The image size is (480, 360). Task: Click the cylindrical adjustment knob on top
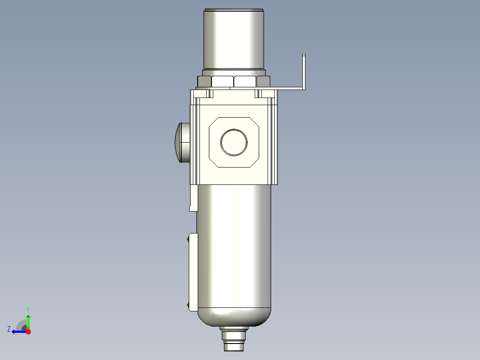point(234,38)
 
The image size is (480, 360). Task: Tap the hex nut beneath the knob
point(234,82)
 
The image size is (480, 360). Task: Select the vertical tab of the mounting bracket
point(304,72)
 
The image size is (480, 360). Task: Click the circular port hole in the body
point(234,143)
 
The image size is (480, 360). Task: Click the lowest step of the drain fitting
point(234,347)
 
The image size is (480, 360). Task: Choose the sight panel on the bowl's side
point(193,272)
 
